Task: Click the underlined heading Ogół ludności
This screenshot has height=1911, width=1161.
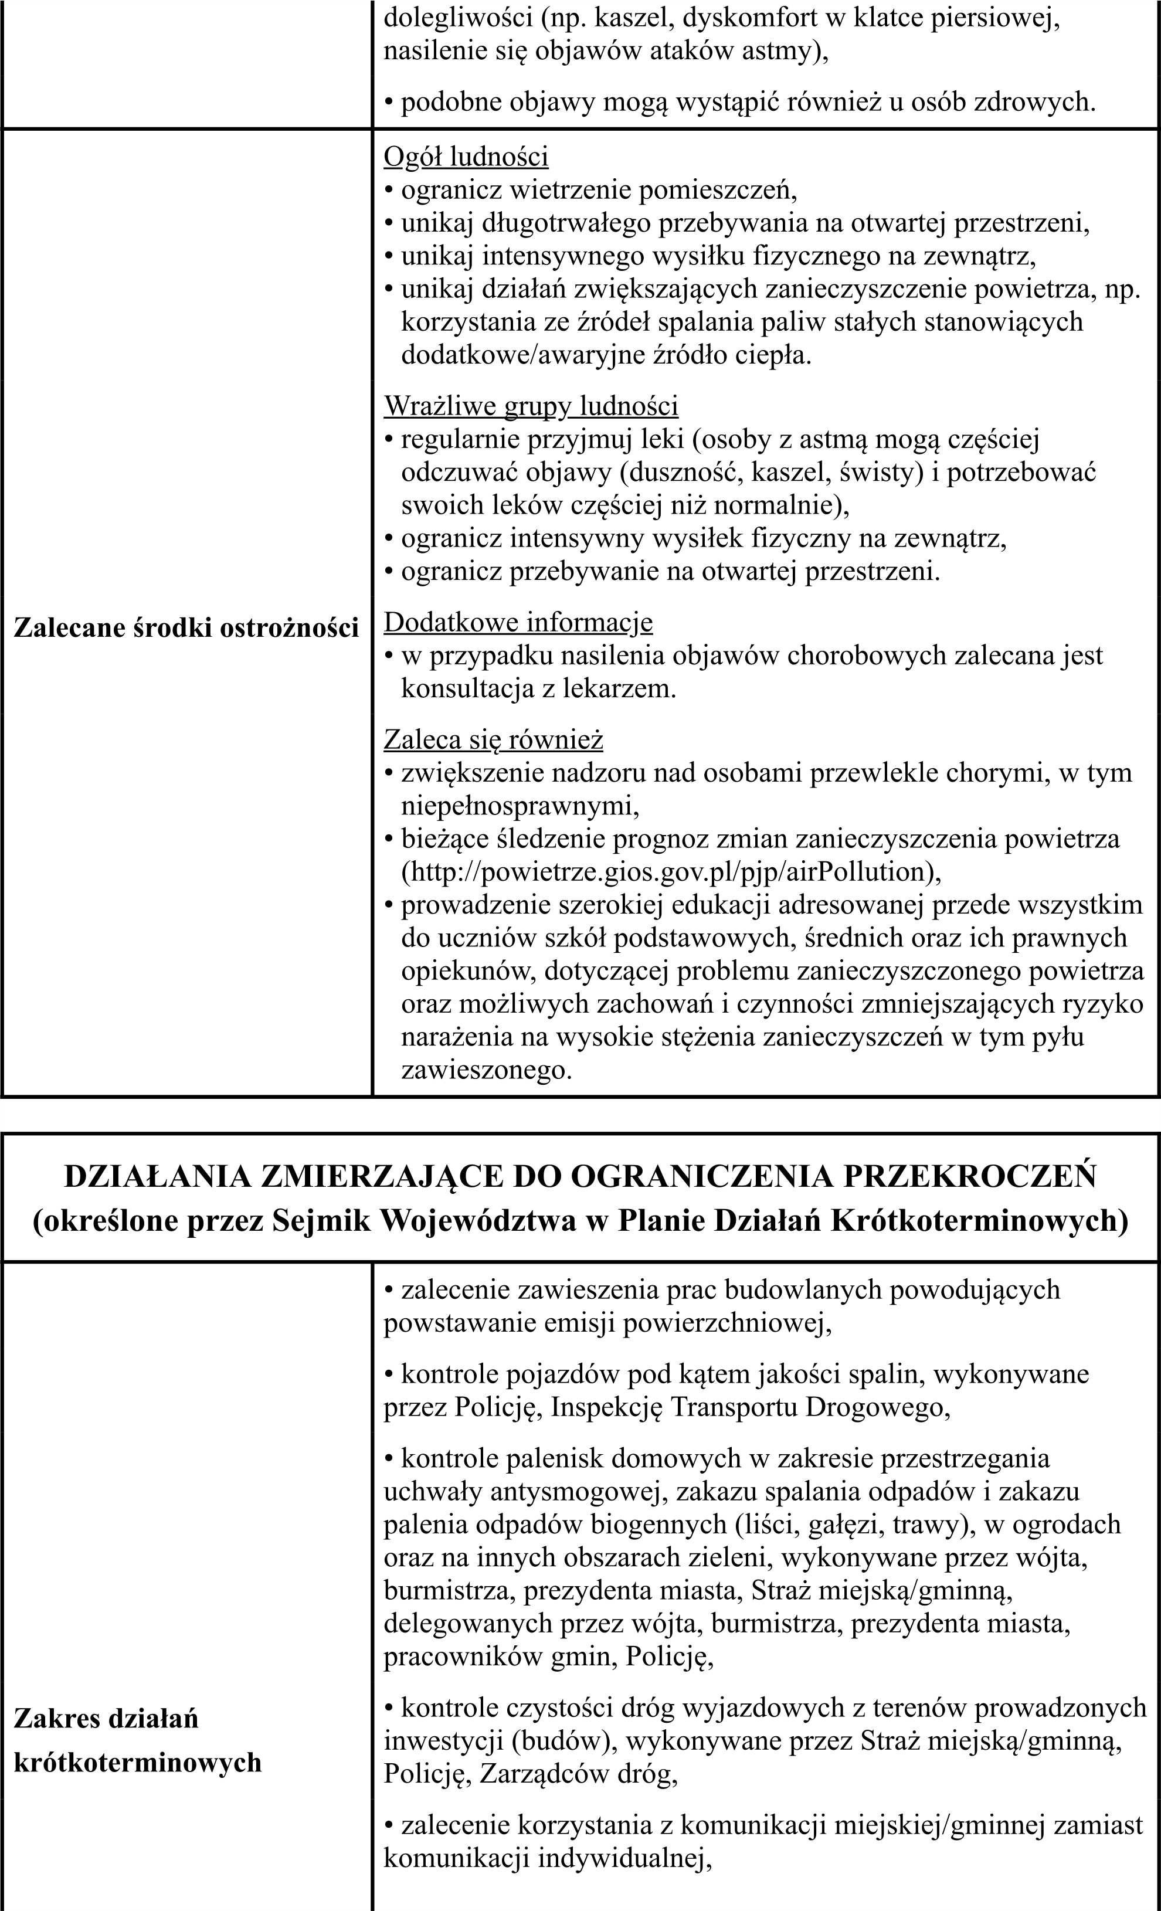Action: pos(466,157)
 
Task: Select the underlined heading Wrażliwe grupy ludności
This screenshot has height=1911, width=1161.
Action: pos(531,406)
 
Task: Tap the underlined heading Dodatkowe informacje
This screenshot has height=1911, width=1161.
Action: pos(518,622)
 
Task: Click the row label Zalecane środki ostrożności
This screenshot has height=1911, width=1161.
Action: pos(186,627)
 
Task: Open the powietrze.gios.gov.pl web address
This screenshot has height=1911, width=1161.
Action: pos(671,872)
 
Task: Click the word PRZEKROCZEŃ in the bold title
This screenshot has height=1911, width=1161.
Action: pos(969,1176)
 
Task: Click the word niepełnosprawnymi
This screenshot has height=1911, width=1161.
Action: pos(520,806)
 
